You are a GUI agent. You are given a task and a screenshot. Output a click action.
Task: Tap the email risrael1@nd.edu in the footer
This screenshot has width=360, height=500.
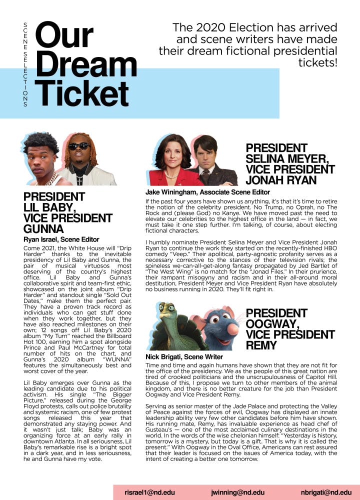coord(148,492)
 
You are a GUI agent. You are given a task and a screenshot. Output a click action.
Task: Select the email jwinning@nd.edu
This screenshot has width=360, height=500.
coord(237,492)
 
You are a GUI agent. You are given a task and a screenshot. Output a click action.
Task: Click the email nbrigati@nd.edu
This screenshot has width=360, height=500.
coord(326,492)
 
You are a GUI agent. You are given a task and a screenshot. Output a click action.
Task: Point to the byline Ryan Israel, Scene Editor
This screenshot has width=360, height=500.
coord(61,240)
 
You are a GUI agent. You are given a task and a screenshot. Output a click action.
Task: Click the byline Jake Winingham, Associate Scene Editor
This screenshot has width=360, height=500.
coord(207,192)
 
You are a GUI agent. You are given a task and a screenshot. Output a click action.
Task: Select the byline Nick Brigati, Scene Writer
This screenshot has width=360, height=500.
coord(184,357)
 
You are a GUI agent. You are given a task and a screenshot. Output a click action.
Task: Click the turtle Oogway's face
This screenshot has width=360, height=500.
coord(168,320)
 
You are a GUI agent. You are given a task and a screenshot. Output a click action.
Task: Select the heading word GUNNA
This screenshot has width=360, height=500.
coord(43,229)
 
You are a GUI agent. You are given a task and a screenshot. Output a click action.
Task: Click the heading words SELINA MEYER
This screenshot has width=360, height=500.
coord(287,158)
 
